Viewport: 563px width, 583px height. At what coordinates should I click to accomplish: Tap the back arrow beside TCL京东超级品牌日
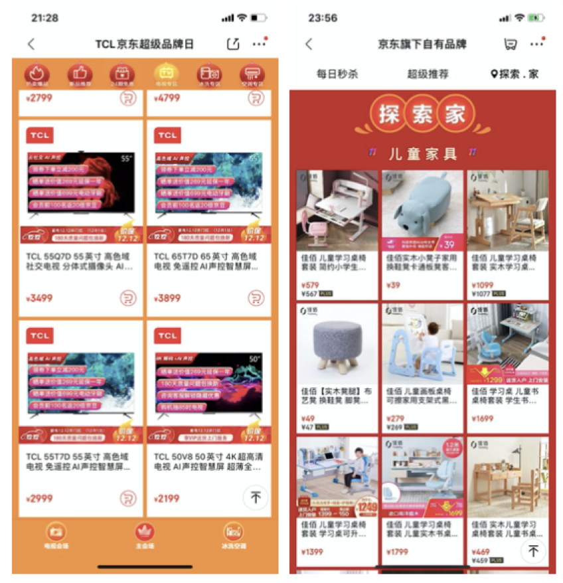click(31, 44)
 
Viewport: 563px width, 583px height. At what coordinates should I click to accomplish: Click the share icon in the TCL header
click(232, 44)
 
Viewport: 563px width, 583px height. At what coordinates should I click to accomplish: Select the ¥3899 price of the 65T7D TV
click(169, 298)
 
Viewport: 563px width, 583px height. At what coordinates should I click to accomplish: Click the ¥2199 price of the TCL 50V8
click(167, 499)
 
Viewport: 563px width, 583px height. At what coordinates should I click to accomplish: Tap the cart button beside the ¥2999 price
click(127, 498)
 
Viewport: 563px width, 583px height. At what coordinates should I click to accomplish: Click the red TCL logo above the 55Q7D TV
click(39, 135)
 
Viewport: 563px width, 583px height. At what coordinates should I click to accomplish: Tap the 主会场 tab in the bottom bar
click(145, 535)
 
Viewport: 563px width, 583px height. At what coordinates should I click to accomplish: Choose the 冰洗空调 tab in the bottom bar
click(233, 535)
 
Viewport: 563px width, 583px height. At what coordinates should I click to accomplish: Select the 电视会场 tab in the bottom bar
click(56, 535)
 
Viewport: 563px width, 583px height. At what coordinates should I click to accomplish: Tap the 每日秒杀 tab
click(337, 74)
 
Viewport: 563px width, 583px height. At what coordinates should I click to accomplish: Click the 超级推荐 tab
click(428, 74)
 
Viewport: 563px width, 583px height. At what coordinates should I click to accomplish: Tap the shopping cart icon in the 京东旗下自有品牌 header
click(510, 44)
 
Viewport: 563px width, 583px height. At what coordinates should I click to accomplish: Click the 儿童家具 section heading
click(423, 154)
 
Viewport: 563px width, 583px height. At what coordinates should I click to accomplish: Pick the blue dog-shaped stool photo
click(422, 210)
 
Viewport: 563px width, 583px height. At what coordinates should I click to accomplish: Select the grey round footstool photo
click(337, 343)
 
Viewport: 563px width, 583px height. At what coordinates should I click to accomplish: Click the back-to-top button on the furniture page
click(532, 550)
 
